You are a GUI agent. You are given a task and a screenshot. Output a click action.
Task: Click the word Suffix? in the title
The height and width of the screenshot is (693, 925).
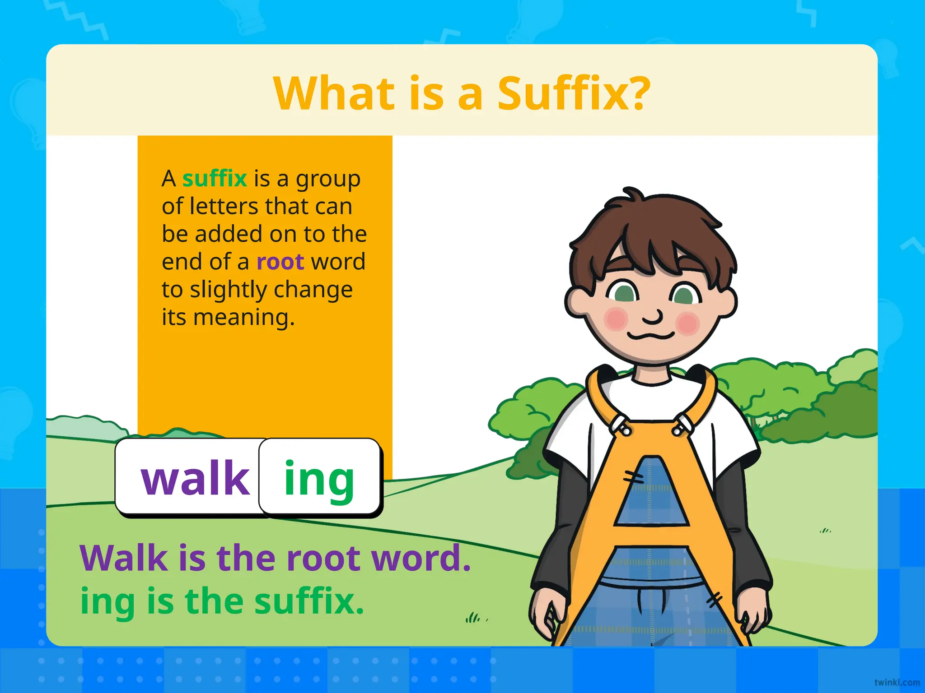[x=574, y=93]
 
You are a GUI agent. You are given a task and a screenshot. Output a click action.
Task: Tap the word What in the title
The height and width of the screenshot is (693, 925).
[x=334, y=93]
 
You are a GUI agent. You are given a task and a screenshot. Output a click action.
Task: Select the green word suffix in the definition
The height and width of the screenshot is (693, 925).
[x=215, y=179]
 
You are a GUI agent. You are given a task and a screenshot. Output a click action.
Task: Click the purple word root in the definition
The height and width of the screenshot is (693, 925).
[x=280, y=262]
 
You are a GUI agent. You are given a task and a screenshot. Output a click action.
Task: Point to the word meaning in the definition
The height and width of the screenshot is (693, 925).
[x=244, y=318]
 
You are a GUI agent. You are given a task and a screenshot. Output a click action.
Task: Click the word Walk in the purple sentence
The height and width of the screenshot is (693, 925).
[x=124, y=559]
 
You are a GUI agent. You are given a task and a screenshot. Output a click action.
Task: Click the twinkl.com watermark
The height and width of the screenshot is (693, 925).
[x=897, y=683]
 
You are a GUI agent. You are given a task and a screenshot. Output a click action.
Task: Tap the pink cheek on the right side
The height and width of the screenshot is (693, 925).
[x=688, y=323]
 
